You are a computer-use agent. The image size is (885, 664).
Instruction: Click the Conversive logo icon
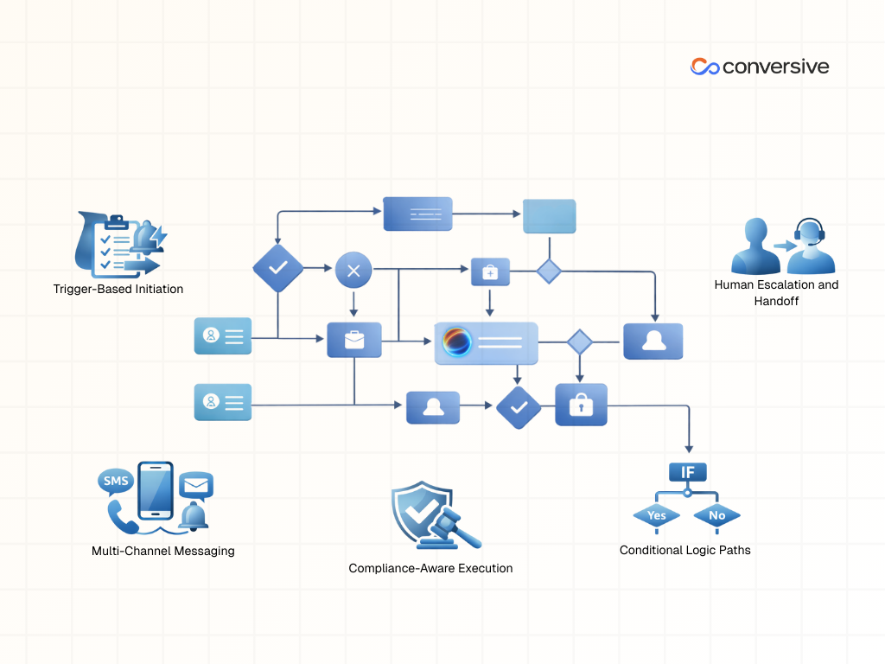704,67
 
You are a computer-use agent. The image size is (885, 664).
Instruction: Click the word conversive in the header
775,67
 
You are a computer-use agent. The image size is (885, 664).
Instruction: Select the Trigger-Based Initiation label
118,289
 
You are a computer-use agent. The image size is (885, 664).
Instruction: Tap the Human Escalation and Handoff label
776,292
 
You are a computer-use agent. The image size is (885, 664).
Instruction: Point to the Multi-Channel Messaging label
163,551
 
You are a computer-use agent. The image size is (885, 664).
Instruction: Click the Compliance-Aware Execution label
430,568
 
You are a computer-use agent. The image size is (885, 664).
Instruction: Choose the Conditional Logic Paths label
685,550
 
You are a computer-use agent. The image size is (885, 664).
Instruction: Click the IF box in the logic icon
688,472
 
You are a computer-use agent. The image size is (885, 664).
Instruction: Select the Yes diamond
657,515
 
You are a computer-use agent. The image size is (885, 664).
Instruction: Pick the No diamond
717,515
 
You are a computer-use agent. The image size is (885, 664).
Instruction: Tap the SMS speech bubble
115,481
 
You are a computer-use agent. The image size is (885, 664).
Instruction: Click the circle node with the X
353,271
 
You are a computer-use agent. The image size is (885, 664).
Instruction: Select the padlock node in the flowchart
581,405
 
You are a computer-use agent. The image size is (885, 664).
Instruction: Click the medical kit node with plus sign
490,271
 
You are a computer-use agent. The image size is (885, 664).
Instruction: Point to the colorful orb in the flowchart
456,342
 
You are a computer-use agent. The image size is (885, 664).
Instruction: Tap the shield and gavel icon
430,517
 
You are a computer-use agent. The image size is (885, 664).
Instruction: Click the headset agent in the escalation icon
811,246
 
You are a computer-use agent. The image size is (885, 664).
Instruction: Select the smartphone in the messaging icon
156,488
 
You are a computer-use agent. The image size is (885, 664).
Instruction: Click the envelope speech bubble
196,486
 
